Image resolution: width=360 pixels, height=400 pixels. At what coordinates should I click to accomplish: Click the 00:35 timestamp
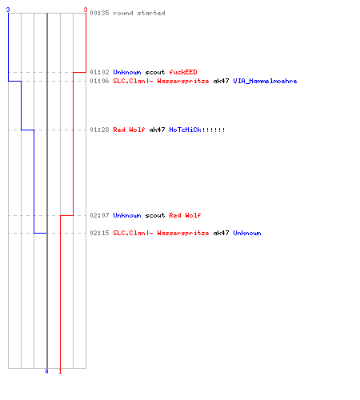(x=99, y=13)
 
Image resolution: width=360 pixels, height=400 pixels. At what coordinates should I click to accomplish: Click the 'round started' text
(x=139, y=13)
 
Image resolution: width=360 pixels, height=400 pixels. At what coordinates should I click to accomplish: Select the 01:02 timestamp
(x=99, y=72)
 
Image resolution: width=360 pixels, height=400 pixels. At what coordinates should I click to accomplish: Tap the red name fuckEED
(x=183, y=72)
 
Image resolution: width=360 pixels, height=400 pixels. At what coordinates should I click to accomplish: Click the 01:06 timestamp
(x=99, y=81)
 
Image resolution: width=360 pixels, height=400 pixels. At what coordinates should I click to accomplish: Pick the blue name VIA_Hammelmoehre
(x=265, y=81)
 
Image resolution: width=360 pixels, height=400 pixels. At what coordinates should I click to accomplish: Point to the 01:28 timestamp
(x=99, y=130)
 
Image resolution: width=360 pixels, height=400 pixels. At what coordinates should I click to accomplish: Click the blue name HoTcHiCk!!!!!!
(x=197, y=130)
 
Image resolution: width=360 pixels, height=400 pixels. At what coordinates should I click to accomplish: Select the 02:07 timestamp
(x=99, y=215)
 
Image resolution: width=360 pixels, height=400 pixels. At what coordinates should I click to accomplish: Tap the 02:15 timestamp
(x=99, y=233)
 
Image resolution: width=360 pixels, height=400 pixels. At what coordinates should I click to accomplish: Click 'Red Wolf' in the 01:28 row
(x=129, y=130)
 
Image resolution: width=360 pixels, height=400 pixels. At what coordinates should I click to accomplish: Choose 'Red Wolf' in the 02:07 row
(x=185, y=215)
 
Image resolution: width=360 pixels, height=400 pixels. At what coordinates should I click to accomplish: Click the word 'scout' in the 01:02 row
(x=155, y=72)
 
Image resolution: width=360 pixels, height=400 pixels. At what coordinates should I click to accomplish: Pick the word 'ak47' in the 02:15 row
(x=221, y=233)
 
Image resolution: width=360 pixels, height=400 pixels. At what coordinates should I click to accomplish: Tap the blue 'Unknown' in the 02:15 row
(x=247, y=233)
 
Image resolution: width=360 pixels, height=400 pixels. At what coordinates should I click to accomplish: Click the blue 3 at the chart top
(x=8, y=10)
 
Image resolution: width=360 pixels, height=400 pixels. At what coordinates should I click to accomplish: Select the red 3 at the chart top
(x=86, y=10)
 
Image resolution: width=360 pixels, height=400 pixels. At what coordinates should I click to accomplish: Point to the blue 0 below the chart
(x=46, y=371)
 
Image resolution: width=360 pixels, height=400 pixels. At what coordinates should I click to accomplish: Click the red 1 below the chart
(x=60, y=371)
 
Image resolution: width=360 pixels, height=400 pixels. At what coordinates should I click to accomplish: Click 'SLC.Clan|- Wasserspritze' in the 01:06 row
(x=161, y=81)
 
